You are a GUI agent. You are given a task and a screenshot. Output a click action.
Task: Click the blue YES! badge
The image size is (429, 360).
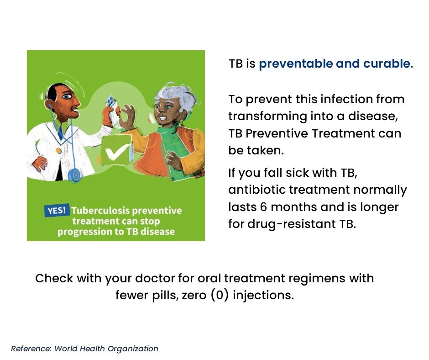click(x=57, y=211)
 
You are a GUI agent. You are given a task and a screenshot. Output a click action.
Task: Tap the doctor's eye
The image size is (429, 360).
click(x=67, y=96)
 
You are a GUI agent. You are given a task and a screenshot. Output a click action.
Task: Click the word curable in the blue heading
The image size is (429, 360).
click(x=388, y=64)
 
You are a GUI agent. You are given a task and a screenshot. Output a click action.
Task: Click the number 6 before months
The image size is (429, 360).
click(x=263, y=207)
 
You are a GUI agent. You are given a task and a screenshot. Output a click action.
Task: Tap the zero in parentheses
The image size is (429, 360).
click(x=220, y=295)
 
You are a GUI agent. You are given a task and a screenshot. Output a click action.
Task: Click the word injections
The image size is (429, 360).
click(x=263, y=295)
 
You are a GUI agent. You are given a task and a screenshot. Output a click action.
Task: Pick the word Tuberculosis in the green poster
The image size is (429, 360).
click(x=100, y=211)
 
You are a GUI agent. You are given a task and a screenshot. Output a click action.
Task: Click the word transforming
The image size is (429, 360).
click(x=267, y=116)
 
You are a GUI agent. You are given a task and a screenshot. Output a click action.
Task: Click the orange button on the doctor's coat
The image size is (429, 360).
click(x=58, y=150)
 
